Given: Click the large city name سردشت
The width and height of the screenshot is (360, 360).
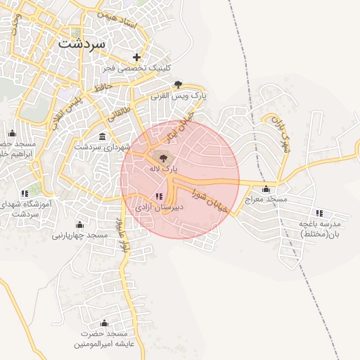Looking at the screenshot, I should (x=82, y=43).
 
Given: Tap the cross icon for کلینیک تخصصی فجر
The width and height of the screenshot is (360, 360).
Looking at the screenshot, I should (x=136, y=57).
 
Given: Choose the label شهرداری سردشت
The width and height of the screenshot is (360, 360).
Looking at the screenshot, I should (x=103, y=147).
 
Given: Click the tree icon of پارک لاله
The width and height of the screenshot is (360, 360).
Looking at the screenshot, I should (x=164, y=158).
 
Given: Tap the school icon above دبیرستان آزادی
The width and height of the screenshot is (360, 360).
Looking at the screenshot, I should (x=158, y=197).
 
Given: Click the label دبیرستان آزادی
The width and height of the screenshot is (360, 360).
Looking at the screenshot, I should (x=159, y=208).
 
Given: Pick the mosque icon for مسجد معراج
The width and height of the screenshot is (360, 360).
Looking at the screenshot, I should (x=266, y=188).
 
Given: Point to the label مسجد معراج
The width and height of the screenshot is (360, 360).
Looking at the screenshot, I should (x=266, y=200).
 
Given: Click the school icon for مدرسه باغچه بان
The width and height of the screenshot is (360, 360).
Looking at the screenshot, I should (x=319, y=212).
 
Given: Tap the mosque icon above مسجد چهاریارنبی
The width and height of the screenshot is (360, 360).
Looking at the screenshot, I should (x=80, y=224).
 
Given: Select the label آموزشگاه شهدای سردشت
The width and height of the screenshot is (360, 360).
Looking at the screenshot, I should (x=29, y=208).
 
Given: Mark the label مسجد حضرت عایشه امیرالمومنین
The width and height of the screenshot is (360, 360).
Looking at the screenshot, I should (x=103, y=339).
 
